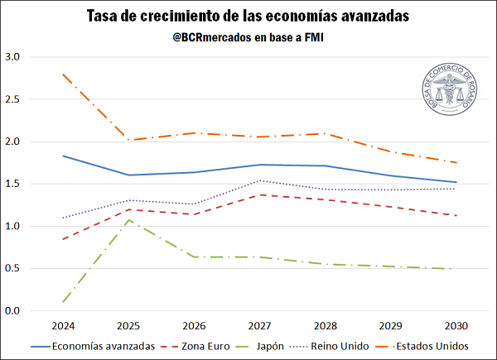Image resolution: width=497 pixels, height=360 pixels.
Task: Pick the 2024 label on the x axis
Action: [x=64, y=324]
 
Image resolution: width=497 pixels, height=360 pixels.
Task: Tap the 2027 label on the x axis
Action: [x=260, y=324]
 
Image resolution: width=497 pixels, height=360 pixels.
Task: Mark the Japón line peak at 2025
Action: [x=129, y=219]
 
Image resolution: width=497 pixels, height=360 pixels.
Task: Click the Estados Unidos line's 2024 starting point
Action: [x=64, y=74]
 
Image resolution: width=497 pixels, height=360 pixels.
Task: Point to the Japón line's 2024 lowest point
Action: [x=64, y=302]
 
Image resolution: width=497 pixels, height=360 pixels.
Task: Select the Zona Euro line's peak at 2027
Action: [x=260, y=194]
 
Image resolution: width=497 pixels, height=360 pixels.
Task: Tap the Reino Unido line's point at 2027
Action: [x=260, y=180]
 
